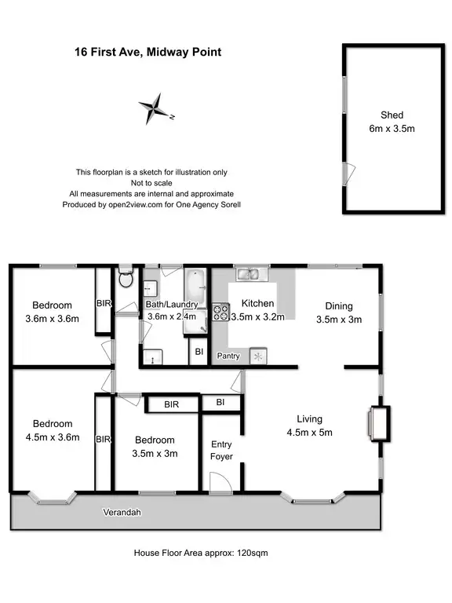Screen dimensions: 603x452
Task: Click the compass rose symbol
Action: pos(155,109)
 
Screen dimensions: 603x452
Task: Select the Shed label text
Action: pos(392,114)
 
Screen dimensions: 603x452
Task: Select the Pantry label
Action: pos(228,356)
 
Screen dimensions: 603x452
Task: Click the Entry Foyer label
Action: pos(222,450)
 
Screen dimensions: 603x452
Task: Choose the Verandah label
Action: pos(122,513)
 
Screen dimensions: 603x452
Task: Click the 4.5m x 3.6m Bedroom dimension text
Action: pos(53,438)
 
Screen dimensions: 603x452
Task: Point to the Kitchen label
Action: pos(257,304)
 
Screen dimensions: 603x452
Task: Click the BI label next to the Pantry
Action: pos(199,353)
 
